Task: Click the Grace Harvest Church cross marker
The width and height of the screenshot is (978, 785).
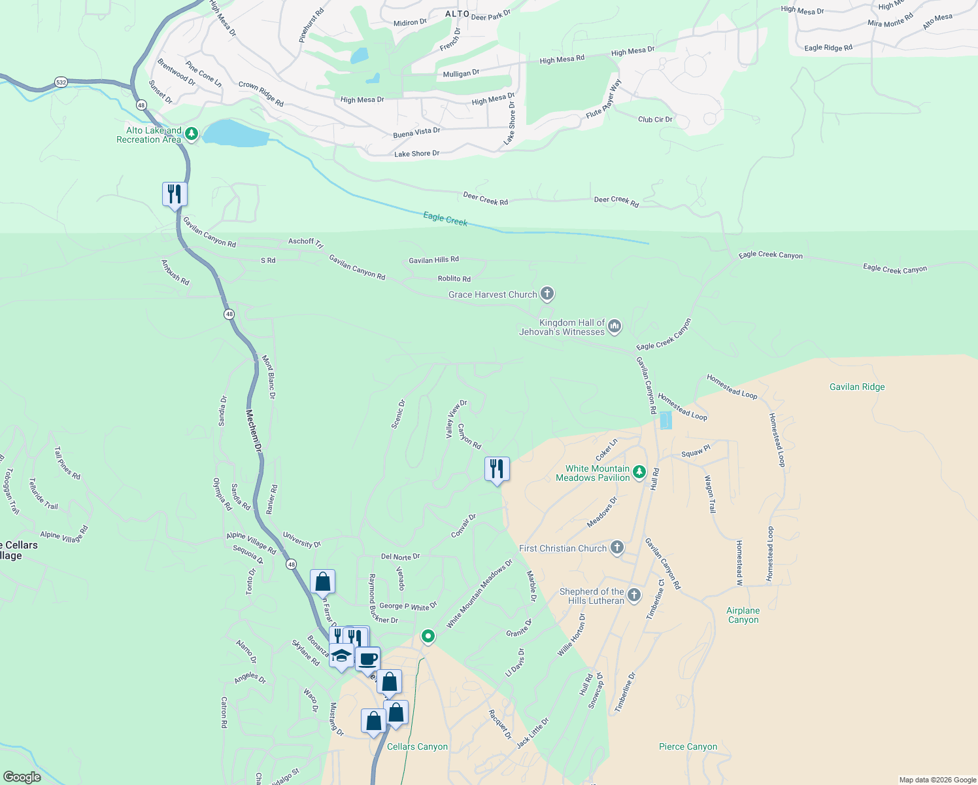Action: point(547,294)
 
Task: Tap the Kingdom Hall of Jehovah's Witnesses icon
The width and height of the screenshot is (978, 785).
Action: point(615,326)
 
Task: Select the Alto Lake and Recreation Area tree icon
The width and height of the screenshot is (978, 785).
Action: point(191,134)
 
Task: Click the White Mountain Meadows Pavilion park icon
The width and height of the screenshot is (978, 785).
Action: point(639,472)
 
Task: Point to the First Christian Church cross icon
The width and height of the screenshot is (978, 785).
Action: point(616,548)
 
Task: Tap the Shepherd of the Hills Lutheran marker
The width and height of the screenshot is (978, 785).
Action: point(633,595)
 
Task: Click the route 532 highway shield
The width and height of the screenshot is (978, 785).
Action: point(61,82)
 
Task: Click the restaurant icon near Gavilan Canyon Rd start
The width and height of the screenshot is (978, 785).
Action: point(175,194)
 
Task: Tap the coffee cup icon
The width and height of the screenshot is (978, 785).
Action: point(367,658)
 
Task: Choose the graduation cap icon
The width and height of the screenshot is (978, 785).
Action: point(341,655)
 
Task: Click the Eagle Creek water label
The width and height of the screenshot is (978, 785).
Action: point(445,218)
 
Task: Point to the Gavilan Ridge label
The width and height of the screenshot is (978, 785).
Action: point(857,387)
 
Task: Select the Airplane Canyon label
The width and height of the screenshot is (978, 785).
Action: point(743,615)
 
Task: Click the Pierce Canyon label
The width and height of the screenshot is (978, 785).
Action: point(688,746)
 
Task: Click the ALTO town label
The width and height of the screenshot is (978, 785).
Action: point(457,14)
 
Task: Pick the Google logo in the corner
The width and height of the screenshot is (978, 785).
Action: point(22,777)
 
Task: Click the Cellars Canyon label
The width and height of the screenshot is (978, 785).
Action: point(417,746)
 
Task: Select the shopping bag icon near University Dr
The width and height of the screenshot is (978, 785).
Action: point(323,581)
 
